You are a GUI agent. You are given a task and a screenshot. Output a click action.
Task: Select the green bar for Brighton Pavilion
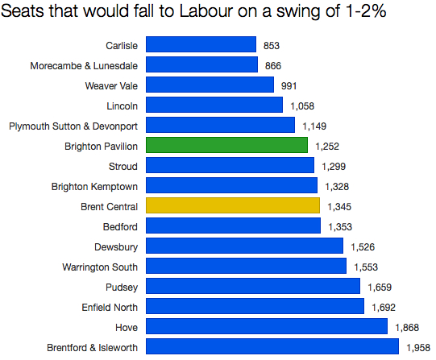[x=226, y=146]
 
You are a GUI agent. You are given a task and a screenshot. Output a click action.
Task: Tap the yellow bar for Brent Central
[x=233, y=206]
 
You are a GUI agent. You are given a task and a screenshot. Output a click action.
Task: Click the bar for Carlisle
[x=201, y=45]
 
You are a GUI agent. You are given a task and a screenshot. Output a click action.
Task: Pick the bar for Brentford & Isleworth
[x=272, y=347]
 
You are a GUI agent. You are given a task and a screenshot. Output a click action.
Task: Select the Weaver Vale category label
[x=111, y=85]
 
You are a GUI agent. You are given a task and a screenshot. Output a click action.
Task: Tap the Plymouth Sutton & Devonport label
[x=73, y=126]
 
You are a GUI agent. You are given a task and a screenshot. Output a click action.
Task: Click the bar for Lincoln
[x=214, y=106]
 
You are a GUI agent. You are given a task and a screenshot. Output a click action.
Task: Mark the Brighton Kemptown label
[x=94, y=186]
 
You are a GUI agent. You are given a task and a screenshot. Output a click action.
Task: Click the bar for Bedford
[x=234, y=226]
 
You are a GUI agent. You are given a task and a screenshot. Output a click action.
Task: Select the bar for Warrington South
[x=246, y=267]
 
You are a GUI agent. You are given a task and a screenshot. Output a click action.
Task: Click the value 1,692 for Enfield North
[x=385, y=307]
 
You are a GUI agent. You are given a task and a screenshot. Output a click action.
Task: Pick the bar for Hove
[x=266, y=327]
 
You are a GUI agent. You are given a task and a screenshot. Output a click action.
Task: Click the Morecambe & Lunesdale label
[x=84, y=65]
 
